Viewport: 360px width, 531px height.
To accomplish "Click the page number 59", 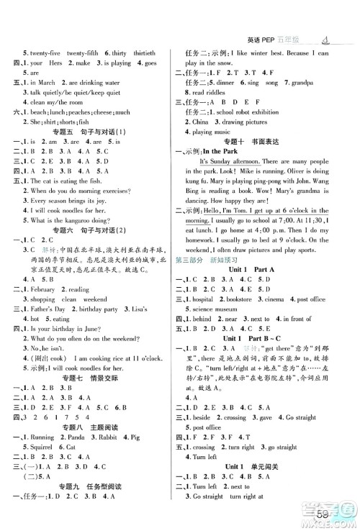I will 341,513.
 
